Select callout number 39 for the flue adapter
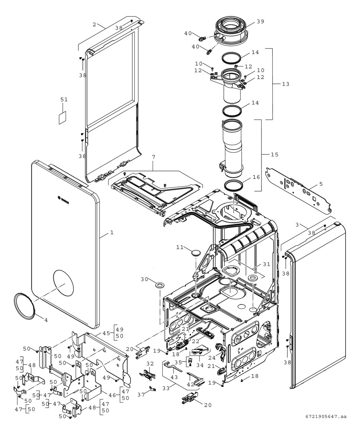click(260, 21)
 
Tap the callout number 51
click(64, 99)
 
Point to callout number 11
click(180, 247)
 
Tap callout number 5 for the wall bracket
click(321, 184)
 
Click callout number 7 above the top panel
click(153, 157)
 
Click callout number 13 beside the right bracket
click(285, 84)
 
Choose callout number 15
click(274, 154)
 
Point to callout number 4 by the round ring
click(46, 320)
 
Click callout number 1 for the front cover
click(112, 232)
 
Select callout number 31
click(266, 265)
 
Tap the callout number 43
click(174, 377)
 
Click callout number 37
click(141, 394)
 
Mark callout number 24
click(212, 358)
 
